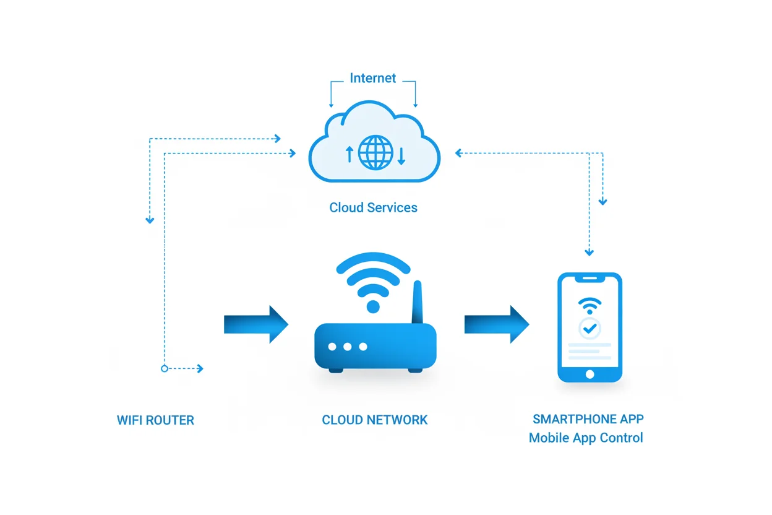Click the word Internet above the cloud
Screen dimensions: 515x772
(372, 79)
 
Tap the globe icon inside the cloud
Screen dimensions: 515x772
(375, 153)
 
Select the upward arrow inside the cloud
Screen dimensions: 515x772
(349, 154)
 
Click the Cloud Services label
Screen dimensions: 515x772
(373, 207)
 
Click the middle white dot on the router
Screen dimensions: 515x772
(348, 347)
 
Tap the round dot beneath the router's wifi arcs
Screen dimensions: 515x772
(373, 306)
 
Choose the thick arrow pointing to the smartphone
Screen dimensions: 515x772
(497, 324)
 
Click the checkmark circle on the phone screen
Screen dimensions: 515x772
(590, 328)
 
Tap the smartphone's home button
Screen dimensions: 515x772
(590, 374)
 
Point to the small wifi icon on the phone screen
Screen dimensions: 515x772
(590, 306)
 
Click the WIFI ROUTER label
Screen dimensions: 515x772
(155, 420)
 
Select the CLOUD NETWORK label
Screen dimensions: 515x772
(374, 420)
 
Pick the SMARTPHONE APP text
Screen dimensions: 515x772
(588, 419)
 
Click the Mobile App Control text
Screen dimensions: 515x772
(586, 438)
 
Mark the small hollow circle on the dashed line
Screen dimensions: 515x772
(164, 368)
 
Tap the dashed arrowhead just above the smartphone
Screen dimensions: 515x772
(589, 252)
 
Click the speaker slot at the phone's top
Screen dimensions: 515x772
(590, 280)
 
